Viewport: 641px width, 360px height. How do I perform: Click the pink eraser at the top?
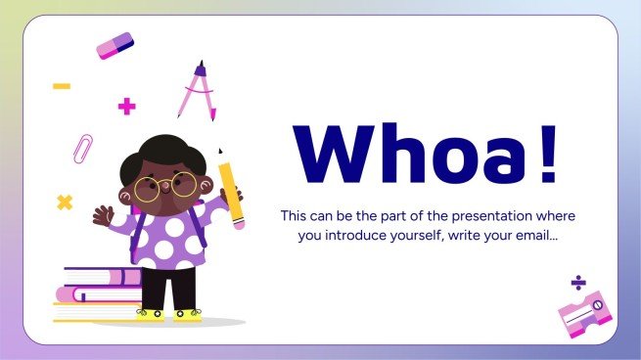coord(114,45)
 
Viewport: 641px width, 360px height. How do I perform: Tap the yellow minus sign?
coord(62,86)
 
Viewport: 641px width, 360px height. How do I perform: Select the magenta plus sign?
coord(126,107)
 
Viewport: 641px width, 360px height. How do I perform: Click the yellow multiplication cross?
coord(65,202)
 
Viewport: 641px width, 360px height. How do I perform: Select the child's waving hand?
coord(103,214)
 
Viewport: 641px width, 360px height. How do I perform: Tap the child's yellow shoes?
coord(167,314)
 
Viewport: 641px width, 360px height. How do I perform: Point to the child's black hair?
coord(162,157)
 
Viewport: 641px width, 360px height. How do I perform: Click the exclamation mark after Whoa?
coord(548,155)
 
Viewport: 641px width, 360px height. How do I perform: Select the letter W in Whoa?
coord(334,155)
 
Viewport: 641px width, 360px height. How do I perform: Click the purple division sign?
coord(578,283)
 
